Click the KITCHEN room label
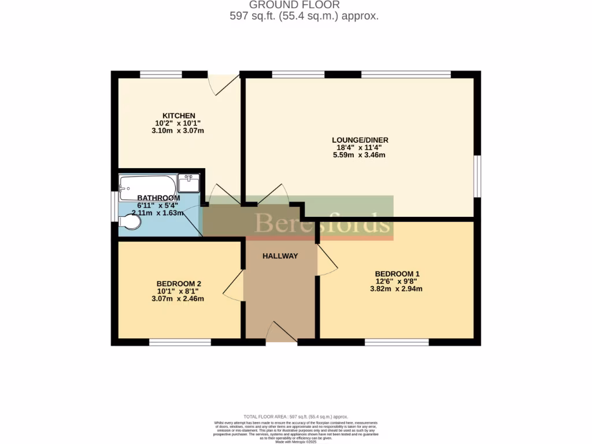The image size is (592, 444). pos(179,116)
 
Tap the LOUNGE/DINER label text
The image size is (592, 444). pos(360,140)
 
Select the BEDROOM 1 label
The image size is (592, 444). pos(397,273)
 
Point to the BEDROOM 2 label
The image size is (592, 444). pos(179,283)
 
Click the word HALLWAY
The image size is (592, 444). pos(280,256)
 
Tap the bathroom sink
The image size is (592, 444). pos(189,183)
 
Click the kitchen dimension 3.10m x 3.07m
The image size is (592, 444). pos(178,131)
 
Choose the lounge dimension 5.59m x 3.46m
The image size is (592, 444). pos(359,155)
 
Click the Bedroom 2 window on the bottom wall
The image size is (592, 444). pos(179,342)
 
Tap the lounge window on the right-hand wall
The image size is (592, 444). pos(477,176)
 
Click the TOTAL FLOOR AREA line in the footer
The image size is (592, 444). pos(295,416)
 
